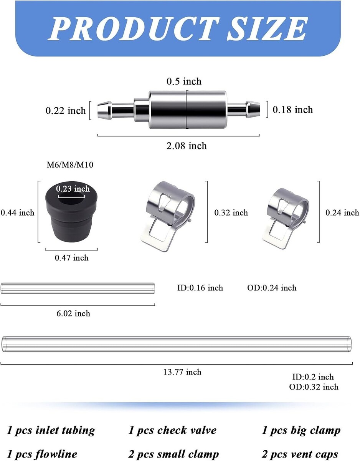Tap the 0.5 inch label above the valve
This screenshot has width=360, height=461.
(184, 81)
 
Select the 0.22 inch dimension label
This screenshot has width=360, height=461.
(66, 111)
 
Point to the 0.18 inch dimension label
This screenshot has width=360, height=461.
(292, 110)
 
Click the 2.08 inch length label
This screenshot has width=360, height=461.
(187, 146)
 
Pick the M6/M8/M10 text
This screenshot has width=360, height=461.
(70, 165)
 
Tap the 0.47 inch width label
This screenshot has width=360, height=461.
(72, 258)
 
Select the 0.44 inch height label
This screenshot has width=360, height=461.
(17, 212)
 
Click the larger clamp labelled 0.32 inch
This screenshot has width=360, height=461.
(167, 216)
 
